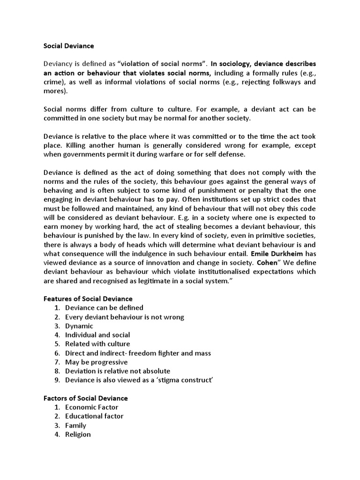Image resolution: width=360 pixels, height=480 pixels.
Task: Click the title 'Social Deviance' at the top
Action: tap(69, 46)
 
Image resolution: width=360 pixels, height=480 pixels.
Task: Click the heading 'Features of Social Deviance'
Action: tap(88, 299)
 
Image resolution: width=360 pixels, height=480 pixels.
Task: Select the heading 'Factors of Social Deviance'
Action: tap(86, 398)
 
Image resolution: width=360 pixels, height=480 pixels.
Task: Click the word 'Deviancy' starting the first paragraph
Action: tap(58, 64)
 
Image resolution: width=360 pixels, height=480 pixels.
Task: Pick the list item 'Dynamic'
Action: tap(79, 326)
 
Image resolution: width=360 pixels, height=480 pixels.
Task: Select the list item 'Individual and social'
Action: tap(97, 335)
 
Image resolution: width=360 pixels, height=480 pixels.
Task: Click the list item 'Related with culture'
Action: tap(97, 344)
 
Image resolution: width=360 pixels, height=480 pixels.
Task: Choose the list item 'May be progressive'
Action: tap(96, 362)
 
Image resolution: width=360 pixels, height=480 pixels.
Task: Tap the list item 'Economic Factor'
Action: tap(92, 407)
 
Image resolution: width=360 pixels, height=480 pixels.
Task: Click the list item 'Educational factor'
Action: tap(94, 416)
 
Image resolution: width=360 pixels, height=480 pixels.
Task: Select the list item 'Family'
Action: tap(76, 425)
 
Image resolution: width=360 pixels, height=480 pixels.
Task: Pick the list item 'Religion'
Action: tap(78, 435)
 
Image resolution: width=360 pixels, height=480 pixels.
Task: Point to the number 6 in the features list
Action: tap(57, 353)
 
